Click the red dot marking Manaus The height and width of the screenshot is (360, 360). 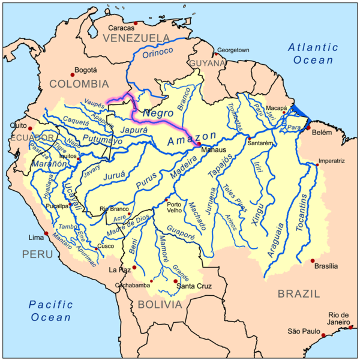[x=199, y=143]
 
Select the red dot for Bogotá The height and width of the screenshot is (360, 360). [x=73, y=74]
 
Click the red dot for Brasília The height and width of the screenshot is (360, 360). [x=313, y=261]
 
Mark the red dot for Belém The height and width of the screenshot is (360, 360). [x=308, y=128]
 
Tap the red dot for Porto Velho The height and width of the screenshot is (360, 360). [x=166, y=200]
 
